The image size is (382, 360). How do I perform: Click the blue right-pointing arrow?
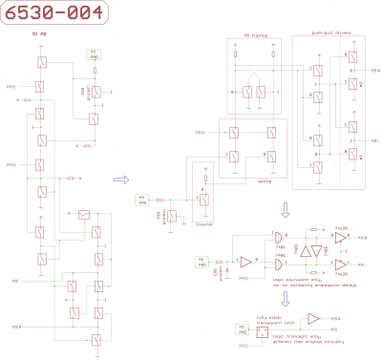(120, 178)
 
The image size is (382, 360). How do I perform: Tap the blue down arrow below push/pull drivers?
(286, 210)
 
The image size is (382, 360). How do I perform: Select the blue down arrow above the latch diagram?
(286, 299)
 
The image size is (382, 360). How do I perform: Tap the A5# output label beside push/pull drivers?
(375, 71)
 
